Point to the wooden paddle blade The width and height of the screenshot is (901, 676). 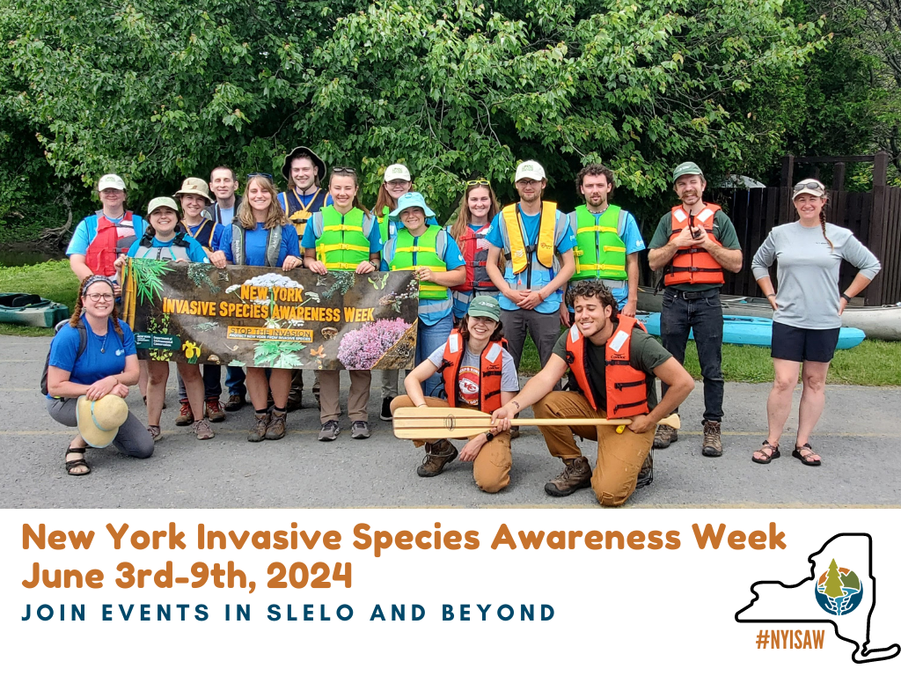click(440, 422)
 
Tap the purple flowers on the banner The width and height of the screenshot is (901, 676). click(373, 342)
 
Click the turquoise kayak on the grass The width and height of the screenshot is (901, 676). click(757, 331)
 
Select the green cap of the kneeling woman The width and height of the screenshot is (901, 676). click(484, 307)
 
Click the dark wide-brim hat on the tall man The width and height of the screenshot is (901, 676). click(304, 158)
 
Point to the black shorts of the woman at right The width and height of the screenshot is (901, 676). click(805, 341)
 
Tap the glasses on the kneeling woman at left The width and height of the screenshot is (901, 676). click(99, 298)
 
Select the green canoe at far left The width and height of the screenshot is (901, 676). click(32, 310)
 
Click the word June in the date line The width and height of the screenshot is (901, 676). click(62, 575)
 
